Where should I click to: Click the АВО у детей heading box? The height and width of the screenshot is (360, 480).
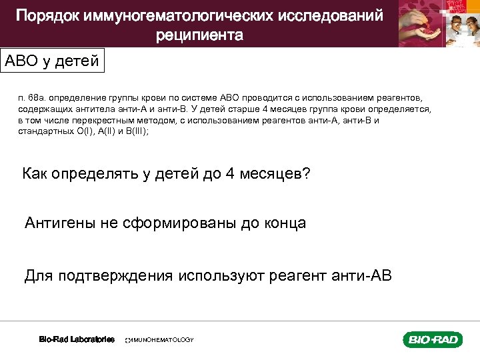[52, 61]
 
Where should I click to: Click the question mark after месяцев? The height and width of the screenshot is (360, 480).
[306, 174]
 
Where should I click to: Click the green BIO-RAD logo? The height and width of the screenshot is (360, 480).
[432, 340]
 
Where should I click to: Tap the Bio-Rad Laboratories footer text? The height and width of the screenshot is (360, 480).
[77, 339]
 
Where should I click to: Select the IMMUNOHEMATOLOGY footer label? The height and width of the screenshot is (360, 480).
[160, 340]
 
